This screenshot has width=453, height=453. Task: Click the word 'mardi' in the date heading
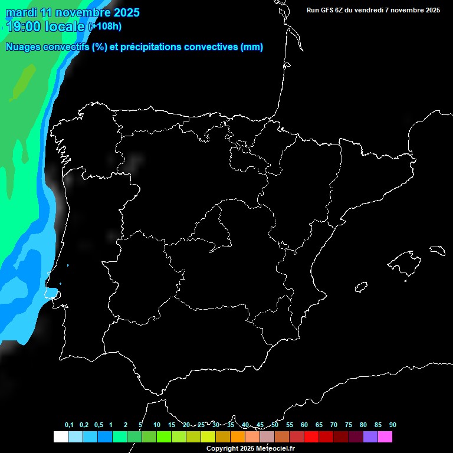click(x=20, y=12)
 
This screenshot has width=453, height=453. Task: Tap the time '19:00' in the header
click(x=24, y=27)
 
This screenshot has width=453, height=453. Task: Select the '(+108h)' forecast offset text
click(x=104, y=27)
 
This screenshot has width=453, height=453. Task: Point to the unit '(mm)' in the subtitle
click(x=252, y=47)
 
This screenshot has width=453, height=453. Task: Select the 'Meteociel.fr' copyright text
click(x=274, y=449)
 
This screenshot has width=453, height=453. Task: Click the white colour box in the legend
click(x=60, y=436)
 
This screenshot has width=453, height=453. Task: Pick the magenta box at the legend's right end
click(x=385, y=436)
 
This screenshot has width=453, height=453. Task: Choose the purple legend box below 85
click(x=370, y=436)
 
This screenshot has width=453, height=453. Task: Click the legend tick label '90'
click(x=393, y=425)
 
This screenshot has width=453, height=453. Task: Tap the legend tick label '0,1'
click(x=69, y=425)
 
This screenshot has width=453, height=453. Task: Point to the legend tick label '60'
click(x=304, y=425)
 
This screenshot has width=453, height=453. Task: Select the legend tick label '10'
click(x=156, y=425)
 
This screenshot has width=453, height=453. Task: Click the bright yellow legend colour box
click(x=208, y=436)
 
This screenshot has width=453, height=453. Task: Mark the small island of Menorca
click(x=436, y=250)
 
